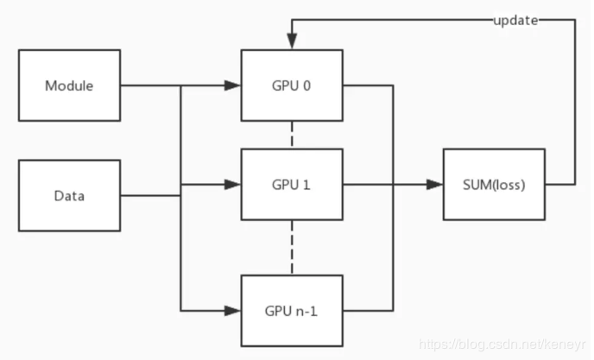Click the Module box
pyautogui.click(x=69, y=85)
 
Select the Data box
pyautogui.click(x=69, y=196)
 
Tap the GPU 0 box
pyautogui.click(x=292, y=85)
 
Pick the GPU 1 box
pyautogui.click(x=292, y=184)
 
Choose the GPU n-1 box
pyautogui.click(x=292, y=310)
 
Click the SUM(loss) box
pyautogui.click(x=494, y=184)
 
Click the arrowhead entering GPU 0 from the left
pyautogui.click(x=232, y=85)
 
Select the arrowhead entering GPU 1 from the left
pyautogui.click(x=232, y=184)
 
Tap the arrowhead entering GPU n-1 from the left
pyautogui.click(x=232, y=310)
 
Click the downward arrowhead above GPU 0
pyautogui.click(x=292, y=42)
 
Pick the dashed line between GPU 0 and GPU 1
pyautogui.click(x=292, y=135)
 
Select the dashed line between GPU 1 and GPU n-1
pyautogui.click(x=292, y=247)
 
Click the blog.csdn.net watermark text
pyautogui.click(x=502, y=344)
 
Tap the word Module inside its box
pyautogui.click(x=69, y=85)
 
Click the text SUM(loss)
pyautogui.click(x=494, y=184)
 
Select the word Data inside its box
pyautogui.click(x=69, y=196)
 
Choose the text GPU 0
pyautogui.click(x=292, y=85)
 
